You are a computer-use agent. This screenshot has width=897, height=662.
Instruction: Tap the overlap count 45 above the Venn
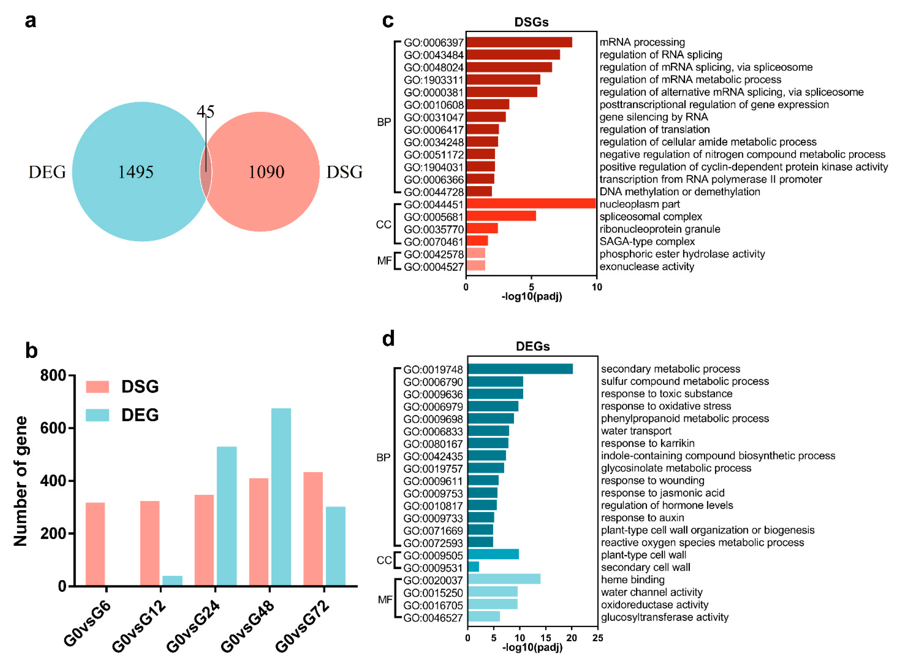click(x=205, y=111)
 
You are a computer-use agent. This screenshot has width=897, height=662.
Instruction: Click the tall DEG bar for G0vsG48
click(x=281, y=497)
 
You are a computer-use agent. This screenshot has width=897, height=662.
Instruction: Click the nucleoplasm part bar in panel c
click(x=531, y=204)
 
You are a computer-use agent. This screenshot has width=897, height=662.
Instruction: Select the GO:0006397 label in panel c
click(x=433, y=42)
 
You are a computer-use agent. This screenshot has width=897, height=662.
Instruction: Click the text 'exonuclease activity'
click(x=646, y=266)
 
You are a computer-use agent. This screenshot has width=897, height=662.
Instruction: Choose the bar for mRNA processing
click(x=519, y=42)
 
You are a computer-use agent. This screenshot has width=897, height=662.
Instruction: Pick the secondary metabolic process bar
click(x=520, y=369)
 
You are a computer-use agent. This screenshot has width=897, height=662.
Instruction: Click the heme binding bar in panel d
click(x=504, y=579)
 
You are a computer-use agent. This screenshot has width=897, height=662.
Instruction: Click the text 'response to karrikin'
click(x=648, y=443)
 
